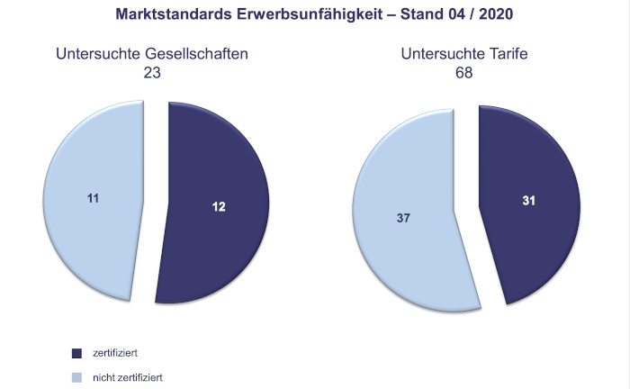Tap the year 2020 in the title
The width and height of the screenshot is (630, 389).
[494, 14]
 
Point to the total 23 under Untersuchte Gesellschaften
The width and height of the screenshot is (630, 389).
[151, 72]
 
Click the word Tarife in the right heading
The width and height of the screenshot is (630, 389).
[509, 54]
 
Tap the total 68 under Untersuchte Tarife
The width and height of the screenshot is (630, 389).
[463, 72]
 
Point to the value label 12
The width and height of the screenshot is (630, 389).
[219, 207]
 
